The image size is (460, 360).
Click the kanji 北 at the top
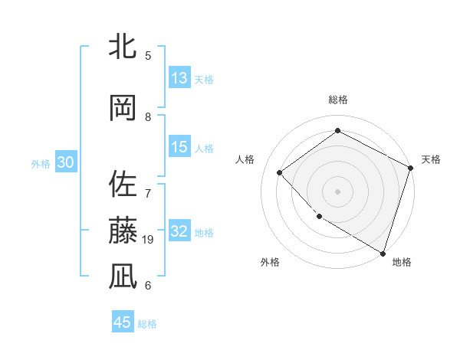(x=123, y=47)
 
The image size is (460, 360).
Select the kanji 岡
(x=123, y=109)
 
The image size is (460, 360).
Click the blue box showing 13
(x=179, y=77)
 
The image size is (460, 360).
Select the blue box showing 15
(x=179, y=147)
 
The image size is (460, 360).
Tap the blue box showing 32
(x=179, y=231)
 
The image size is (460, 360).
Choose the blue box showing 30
(x=65, y=163)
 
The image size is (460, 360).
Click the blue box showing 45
(x=123, y=322)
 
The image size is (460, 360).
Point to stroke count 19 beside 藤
(x=149, y=240)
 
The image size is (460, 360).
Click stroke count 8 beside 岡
(x=148, y=117)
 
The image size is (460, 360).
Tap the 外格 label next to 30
(x=41, y=164)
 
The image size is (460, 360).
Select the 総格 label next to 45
(x=147, y=324)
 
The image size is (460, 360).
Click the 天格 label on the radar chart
(x=431, y=159)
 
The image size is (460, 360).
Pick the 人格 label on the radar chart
(x=245, y=159)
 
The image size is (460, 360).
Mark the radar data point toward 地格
(x=383, y=252)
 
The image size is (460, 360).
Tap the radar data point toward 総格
(x=337, y=131)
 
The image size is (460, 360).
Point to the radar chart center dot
(x=337, y=191)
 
